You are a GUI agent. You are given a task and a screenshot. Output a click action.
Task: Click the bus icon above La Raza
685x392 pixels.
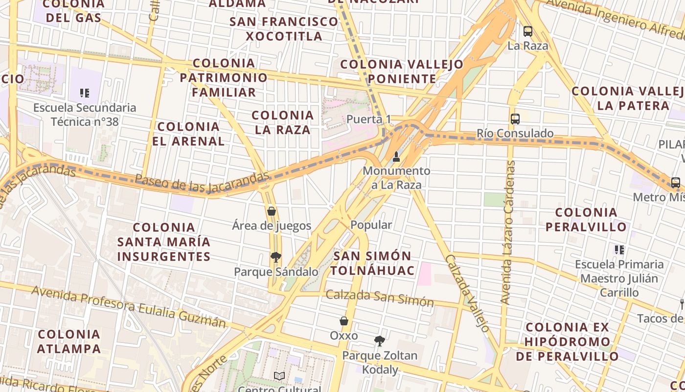click(527, 31)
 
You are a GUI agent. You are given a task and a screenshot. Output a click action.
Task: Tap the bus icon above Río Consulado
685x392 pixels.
click(515, 119)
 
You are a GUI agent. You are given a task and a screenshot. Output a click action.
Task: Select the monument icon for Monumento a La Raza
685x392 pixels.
click(396, 157)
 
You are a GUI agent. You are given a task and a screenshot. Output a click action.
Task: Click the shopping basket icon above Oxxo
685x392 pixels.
click(344, 321)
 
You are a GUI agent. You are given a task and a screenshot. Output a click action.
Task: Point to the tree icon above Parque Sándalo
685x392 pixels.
click(276, 257)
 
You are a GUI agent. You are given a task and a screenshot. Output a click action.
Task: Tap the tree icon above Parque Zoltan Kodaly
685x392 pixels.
click(379, 341)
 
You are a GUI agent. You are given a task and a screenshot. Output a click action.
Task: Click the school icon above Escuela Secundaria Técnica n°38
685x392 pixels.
click(85, 93)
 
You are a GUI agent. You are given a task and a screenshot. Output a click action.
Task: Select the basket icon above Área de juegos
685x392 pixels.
click(272, 211)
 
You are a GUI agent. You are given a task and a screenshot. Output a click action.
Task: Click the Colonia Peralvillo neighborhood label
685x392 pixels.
click(586, 220)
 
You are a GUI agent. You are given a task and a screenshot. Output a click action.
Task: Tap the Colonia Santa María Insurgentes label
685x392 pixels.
click(164, 242)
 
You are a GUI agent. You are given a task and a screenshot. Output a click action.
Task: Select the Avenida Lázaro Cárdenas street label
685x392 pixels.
click(508, 232)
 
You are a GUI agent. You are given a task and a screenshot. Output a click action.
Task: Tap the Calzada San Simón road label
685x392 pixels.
click(380, 298)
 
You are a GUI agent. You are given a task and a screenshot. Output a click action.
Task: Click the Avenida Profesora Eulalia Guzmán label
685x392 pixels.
click(129, 306)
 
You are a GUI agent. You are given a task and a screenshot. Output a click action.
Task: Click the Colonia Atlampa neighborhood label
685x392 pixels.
click(69, 342)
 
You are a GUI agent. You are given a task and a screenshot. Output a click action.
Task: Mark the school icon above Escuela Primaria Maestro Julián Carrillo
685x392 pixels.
click(619, 250)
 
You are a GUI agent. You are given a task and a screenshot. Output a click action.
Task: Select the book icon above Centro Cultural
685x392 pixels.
click(279, 376)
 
